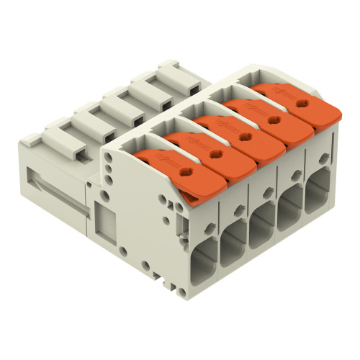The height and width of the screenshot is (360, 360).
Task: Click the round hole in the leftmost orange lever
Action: point(186,171)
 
